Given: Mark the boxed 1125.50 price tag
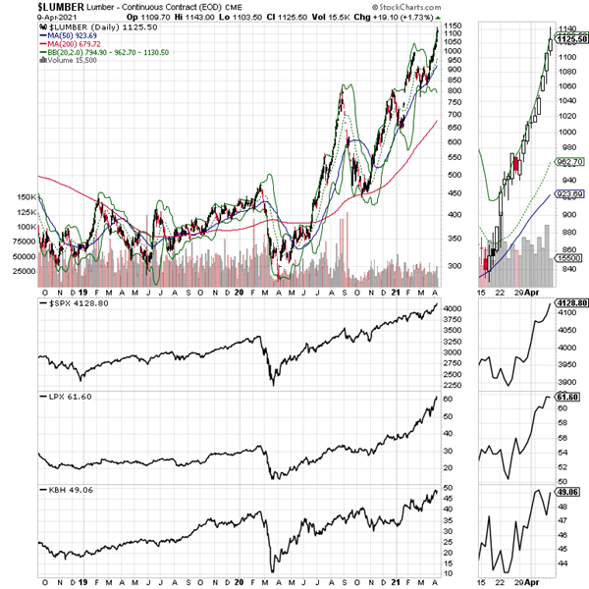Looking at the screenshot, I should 570,39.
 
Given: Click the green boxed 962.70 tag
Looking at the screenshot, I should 570,161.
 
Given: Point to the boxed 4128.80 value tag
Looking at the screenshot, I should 570,304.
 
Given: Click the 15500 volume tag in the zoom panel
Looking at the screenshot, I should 568,257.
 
